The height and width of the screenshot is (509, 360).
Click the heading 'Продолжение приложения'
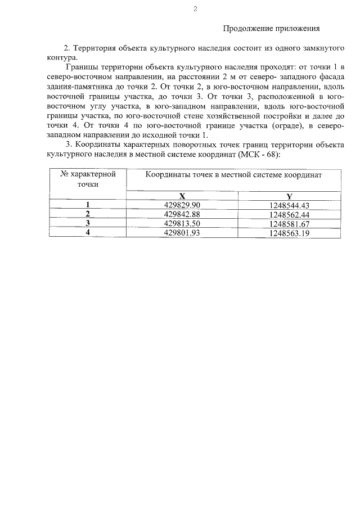[272, 28]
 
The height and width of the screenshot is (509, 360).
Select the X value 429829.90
[182, 205]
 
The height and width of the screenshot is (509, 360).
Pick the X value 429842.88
[182, 214]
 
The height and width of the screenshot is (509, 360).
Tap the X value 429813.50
[182, 223]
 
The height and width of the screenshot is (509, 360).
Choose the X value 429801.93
[182, 232]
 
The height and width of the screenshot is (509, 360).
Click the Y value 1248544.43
[290, 205]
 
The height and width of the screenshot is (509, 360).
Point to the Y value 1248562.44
[290, 214]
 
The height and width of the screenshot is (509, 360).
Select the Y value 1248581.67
[290, 223]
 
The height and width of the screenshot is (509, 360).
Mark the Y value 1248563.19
[290, 232]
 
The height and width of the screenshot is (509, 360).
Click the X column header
[182, 196]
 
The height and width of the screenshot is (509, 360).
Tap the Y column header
[289, 196]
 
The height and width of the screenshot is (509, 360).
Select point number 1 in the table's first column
[88, 205]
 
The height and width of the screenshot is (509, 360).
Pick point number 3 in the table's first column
[88, 223]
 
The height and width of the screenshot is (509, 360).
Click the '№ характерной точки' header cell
[88, 179]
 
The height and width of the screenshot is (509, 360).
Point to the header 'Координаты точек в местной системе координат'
[233, 175]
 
